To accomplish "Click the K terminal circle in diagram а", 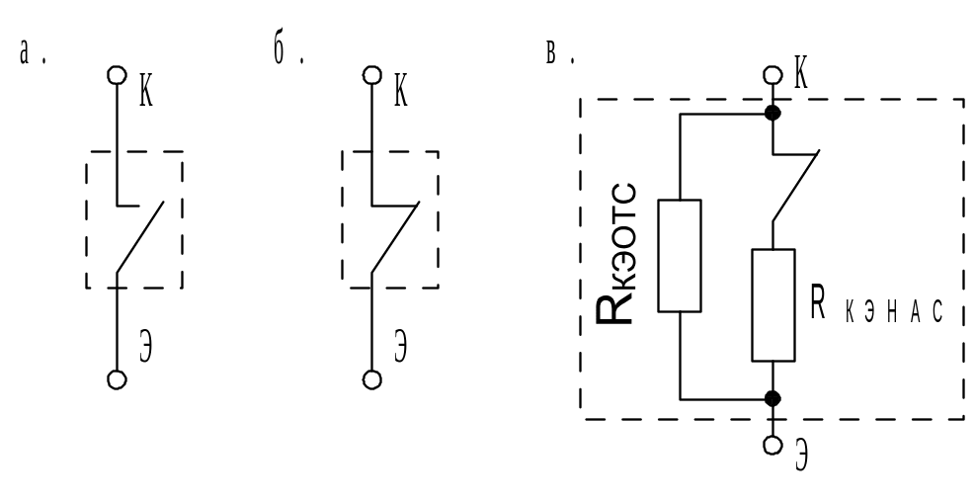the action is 117,75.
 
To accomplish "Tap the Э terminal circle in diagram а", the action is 117,379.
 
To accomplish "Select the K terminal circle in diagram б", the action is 371,75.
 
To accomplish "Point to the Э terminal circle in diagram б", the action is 371,379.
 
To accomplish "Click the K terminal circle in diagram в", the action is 772,75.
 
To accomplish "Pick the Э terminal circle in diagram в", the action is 772,445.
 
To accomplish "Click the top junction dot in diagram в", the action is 772,114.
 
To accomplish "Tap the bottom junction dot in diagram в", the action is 772,398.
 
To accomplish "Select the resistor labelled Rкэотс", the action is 680,256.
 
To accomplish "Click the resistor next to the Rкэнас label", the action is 772,305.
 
